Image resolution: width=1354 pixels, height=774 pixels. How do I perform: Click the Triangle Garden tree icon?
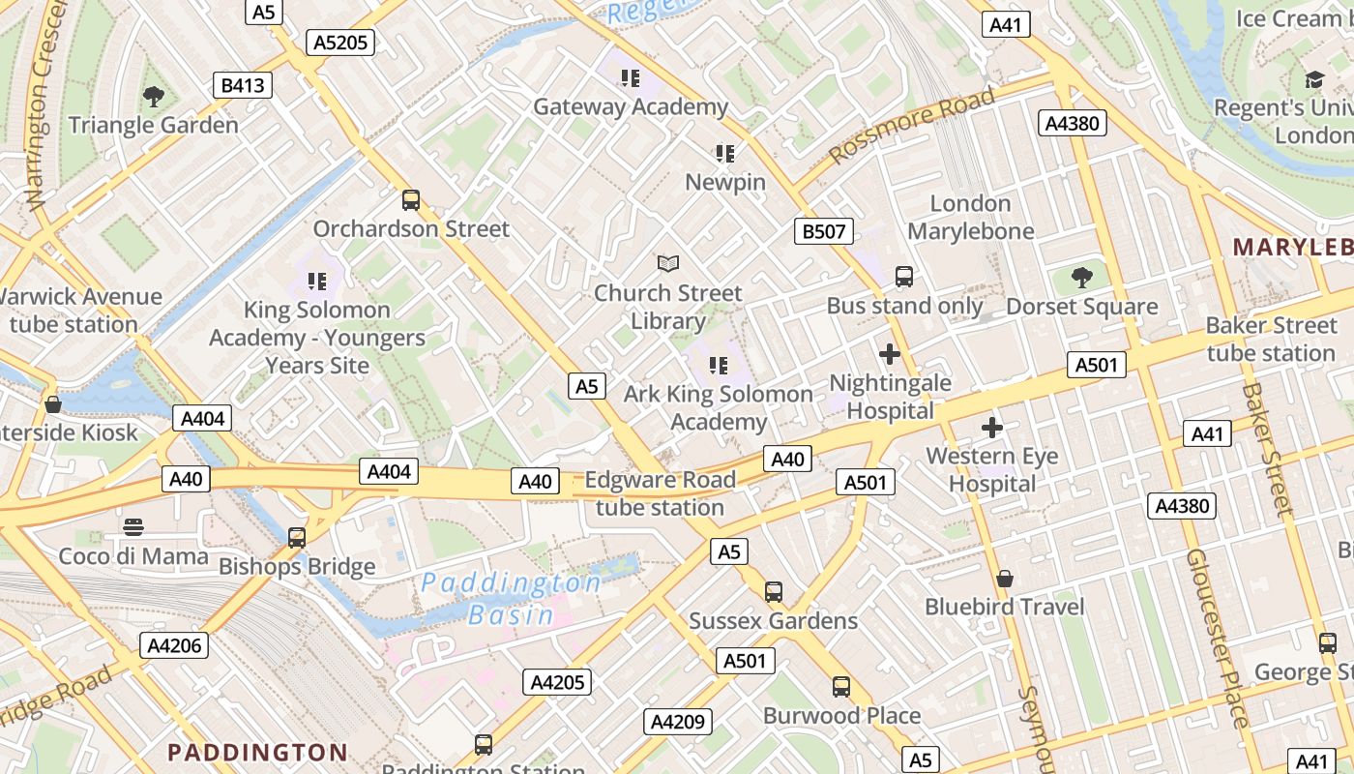point(153,96)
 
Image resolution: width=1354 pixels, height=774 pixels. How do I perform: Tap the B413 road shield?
point(242,85)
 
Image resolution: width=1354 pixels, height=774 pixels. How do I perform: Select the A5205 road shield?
point(339,42)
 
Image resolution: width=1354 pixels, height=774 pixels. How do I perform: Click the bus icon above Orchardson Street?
point(411,200)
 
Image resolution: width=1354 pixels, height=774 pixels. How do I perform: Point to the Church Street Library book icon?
point(668,262)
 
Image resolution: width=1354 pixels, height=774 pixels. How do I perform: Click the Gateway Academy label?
point(631,106)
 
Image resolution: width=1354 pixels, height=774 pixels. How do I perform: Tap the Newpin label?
point(725,182)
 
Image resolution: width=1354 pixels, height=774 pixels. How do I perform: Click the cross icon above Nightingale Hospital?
point(890,354)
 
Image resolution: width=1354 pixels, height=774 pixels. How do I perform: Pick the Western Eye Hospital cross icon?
point(991,427)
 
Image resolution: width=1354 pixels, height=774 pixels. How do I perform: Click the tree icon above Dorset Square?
point(1082,278)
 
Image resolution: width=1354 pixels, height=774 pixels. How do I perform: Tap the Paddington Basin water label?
point(511,598)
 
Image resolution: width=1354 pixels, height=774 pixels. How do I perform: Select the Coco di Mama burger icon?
point(133,527)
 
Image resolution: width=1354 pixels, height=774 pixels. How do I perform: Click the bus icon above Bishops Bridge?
point(297,537)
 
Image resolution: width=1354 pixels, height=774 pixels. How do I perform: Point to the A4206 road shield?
point(174,645)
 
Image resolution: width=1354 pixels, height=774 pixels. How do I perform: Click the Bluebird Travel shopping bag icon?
point(1005,579)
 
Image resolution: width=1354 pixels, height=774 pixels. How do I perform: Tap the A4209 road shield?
point(678,721)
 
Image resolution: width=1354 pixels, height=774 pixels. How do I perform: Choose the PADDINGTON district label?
point(257,752)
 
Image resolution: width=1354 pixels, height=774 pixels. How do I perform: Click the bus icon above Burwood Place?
point(841,687)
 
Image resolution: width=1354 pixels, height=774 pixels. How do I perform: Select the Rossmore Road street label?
point(911,125)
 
